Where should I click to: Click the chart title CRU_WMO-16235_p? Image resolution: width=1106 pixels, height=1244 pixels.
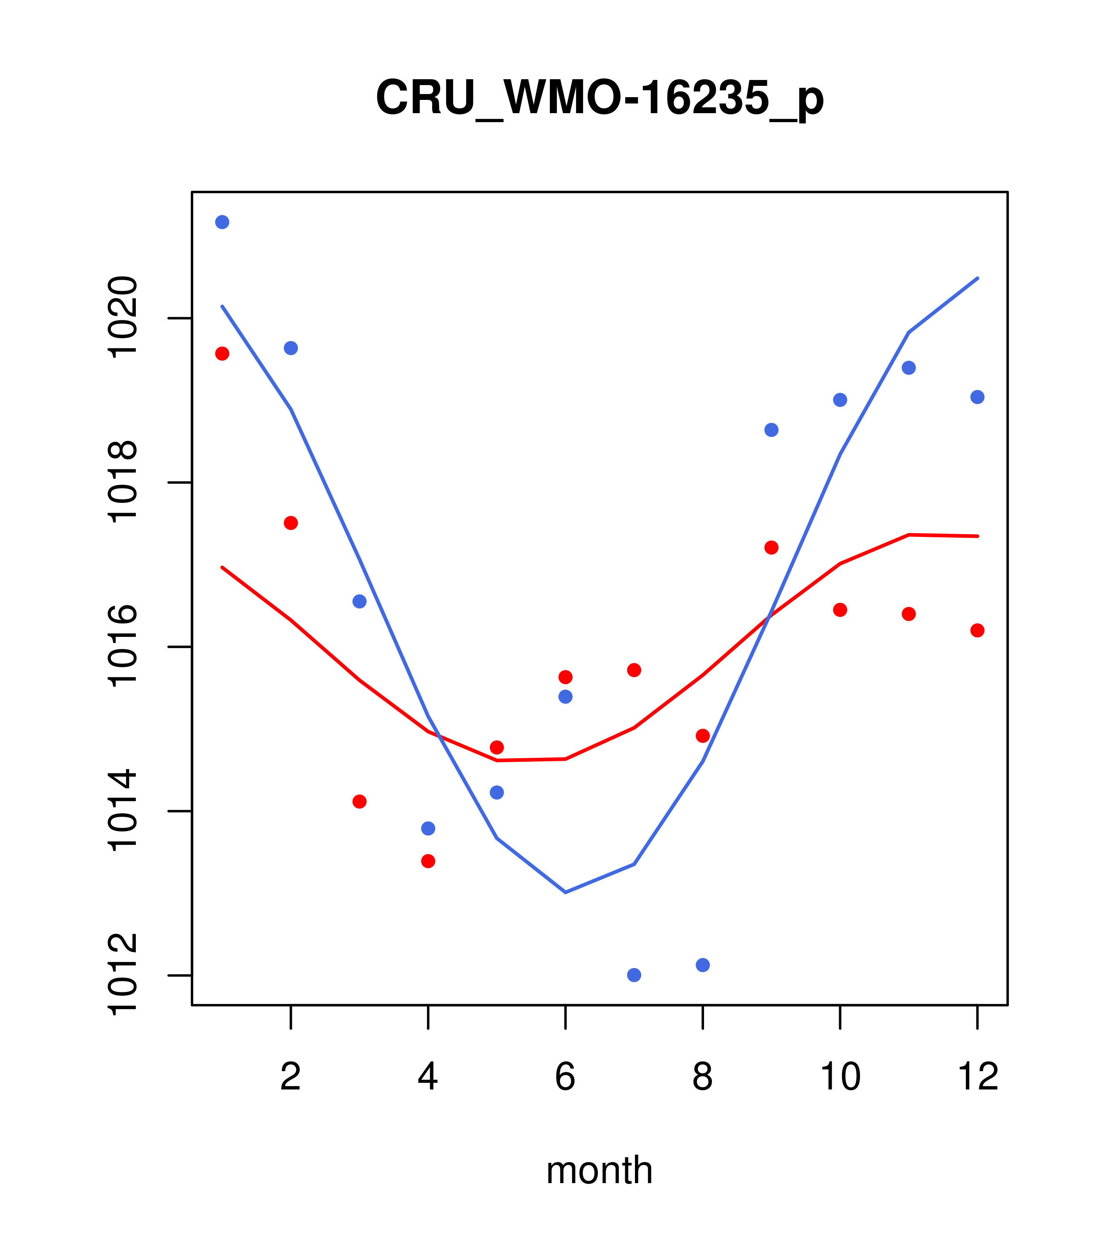point(599,98)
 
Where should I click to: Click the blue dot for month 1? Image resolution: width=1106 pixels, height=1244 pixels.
point(222,222)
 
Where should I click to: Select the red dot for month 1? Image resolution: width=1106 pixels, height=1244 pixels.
point(222,354)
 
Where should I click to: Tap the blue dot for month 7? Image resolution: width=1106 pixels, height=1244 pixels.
point(634,975)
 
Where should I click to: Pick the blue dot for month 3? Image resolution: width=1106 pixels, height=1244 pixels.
point(360,601)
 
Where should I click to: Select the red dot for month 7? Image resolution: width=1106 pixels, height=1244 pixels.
point(634,670)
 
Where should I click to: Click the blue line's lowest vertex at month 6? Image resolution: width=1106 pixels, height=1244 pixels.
point(565,892)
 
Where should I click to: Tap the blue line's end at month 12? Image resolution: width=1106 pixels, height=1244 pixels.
point(978,278)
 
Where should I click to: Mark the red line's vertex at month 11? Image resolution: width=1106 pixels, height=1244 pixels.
point(909,534)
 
